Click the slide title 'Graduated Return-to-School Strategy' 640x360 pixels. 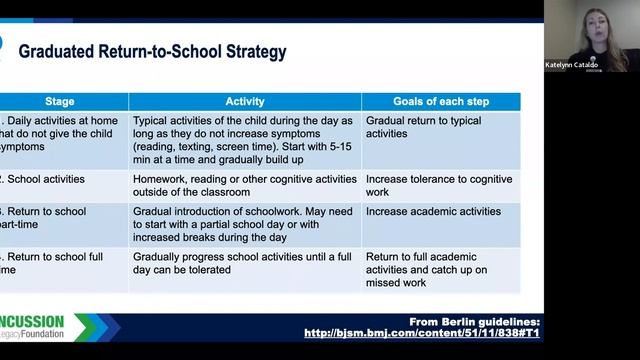coord(152,51)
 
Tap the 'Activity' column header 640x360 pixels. coord(244,101)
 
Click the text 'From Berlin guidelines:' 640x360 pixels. coord(476,320)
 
